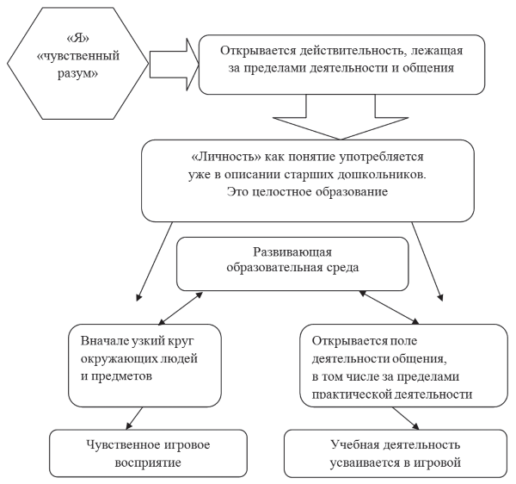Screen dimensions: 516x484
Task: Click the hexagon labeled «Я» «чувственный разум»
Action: click(77, 63)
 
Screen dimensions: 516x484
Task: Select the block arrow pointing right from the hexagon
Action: click(175, 65)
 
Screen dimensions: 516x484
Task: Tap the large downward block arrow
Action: click(341, 117)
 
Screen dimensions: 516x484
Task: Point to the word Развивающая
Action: click(292, 252)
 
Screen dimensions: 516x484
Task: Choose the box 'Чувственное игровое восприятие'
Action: click(148, 453)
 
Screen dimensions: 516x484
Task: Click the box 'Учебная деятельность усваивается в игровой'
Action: click(396, 453)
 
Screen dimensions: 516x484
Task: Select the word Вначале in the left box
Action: click(104, 340)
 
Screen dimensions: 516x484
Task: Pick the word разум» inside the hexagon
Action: click(77, 73)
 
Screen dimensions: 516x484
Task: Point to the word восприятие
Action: click(148, 462)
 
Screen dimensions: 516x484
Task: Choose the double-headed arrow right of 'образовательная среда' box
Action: click(389, 307)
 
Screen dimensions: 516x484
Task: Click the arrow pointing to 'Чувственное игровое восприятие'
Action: click(134, 419)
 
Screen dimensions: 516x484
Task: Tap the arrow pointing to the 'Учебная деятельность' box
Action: click(405, 419)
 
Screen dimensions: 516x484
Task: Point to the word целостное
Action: click(282, 192)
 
